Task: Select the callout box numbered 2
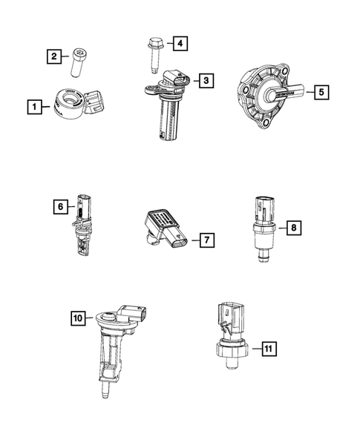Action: point(53,56)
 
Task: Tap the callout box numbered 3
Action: point(206,79)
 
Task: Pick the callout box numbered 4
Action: point(179,44)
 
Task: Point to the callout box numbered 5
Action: point(321,93)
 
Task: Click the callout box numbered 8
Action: point(294,228)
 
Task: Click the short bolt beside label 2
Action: point(79,62)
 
